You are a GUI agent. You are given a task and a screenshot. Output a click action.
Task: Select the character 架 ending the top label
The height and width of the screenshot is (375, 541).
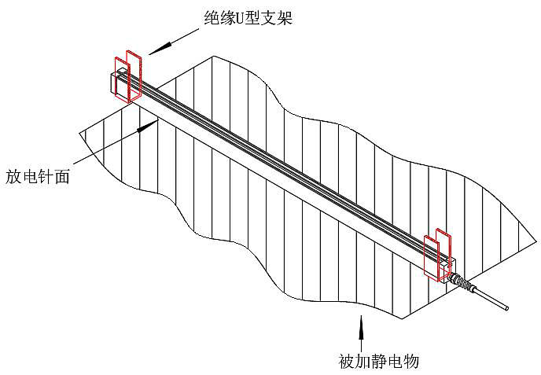pyautogui.click(x=284, y=17)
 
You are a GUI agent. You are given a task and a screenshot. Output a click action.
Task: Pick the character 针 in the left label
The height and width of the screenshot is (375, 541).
pyautogui.click(x=46, y=176)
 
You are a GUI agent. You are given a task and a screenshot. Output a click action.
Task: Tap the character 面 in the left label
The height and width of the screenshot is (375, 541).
pyautogui.click(x=62, y=176)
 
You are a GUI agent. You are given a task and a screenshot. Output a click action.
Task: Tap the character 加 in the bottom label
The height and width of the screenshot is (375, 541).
pyautogui.click(x=363, y=362)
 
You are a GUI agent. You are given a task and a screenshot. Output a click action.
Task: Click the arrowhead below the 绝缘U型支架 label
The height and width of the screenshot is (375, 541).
pyautogui.click(x=156, y=49)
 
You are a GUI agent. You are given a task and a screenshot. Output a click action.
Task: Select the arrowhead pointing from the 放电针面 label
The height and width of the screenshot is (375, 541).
pyautogui.click(x=142, y=126)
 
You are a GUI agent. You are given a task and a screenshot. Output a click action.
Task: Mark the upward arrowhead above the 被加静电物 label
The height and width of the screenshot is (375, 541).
pyautogui.click(x=361, y=322)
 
